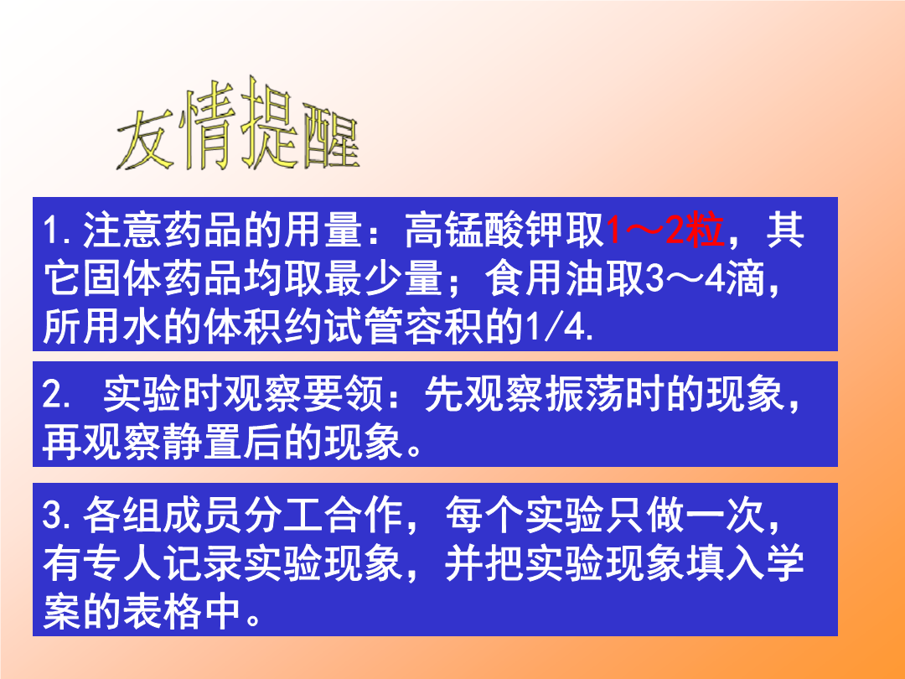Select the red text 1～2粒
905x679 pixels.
(665, 230)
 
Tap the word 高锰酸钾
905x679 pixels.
(484, 230)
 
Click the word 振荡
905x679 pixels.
(585, 395)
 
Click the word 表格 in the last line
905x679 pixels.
(163, 612)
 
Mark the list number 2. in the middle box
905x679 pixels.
(57, 395)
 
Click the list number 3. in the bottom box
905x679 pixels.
(57, 515)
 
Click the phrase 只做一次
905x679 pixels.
(685, 515)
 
